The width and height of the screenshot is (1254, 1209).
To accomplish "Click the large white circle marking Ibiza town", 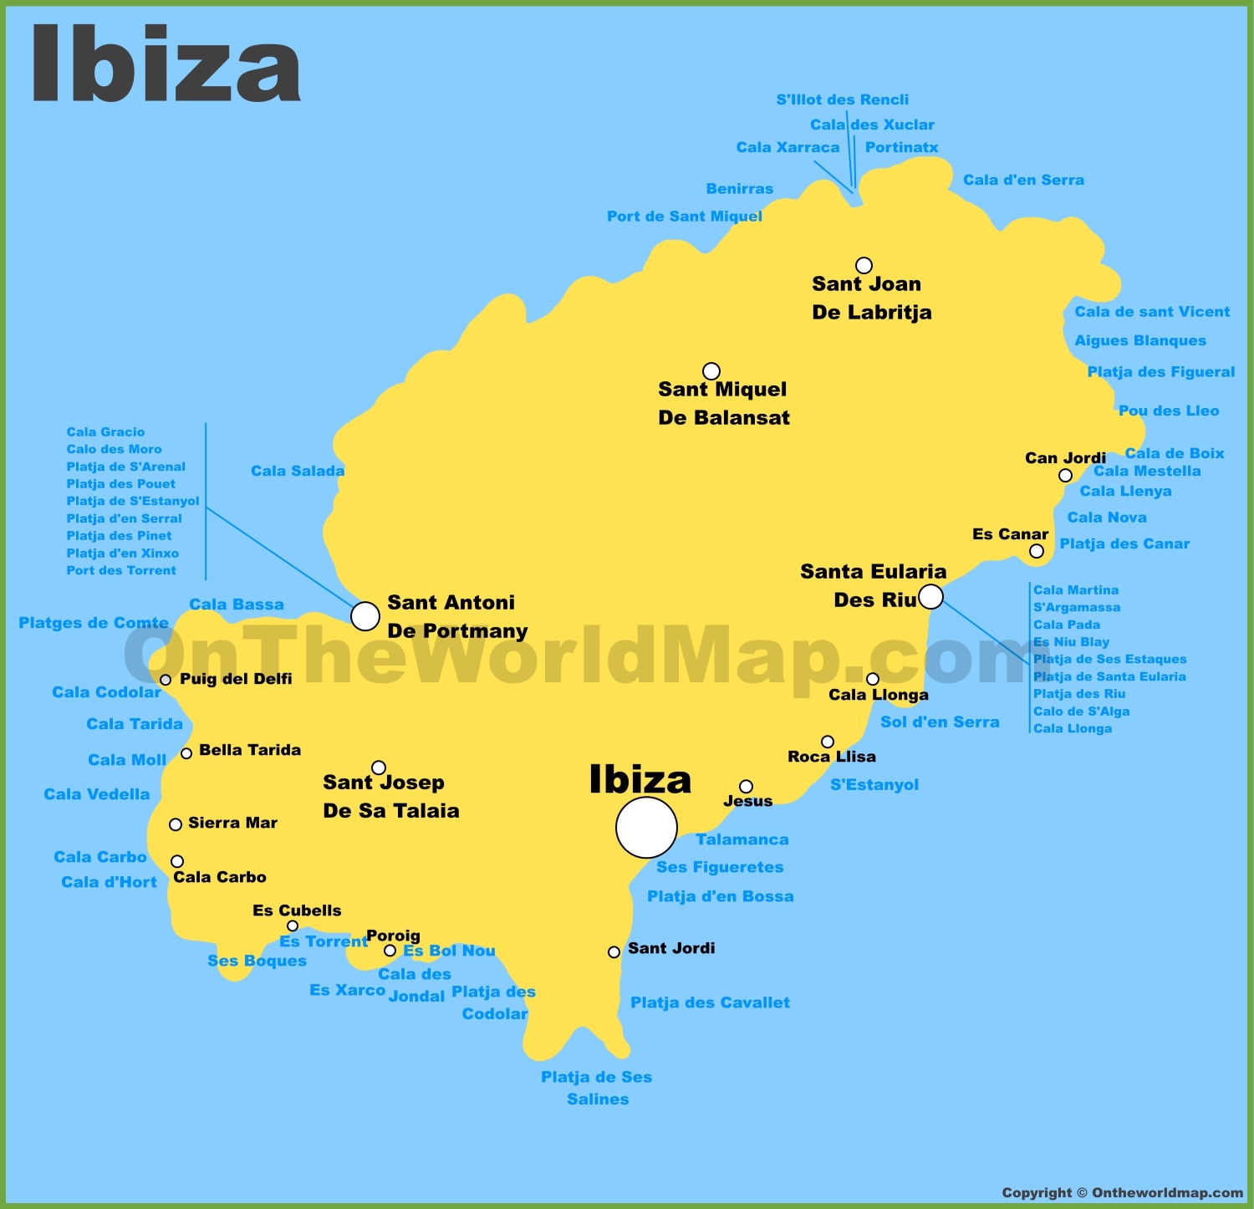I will tap(646, 827).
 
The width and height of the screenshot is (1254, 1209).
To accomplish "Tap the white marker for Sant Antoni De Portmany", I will tap(365, 616).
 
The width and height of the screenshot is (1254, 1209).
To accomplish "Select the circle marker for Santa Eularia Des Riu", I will tap(930, 597).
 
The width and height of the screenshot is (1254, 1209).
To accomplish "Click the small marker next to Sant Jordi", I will tap(614, 951).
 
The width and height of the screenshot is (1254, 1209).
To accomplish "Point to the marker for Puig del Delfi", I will tap(166, 680).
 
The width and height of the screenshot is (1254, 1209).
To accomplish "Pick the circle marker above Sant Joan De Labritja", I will tap(864, 265).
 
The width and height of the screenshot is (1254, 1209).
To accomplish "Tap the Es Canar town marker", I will tap(1037, 551).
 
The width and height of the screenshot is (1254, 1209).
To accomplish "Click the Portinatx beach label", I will tap(901, 147).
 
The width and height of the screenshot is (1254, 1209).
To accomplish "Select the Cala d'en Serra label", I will tap(1023, 180).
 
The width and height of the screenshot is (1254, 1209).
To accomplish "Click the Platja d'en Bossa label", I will tap(720, 896).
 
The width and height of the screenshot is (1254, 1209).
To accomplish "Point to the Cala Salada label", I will tap(298, 471).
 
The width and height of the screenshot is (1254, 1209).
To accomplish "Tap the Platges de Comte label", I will tap(94, 623).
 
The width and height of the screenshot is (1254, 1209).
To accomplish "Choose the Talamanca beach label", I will tap(742, 839).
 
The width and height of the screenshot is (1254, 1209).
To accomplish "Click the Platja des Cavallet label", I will tap(710, 1002).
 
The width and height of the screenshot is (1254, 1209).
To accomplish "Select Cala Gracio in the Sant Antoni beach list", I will tap(105, 431).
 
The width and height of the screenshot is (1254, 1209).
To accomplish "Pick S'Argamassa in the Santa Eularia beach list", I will tap(1077, 607).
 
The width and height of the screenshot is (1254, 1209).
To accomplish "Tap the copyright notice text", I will tap(1122, 1192).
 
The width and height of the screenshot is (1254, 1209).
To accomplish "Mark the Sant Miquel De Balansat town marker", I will tap(711, 370).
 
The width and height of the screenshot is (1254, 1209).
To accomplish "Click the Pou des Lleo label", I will tap(1169, 411).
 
